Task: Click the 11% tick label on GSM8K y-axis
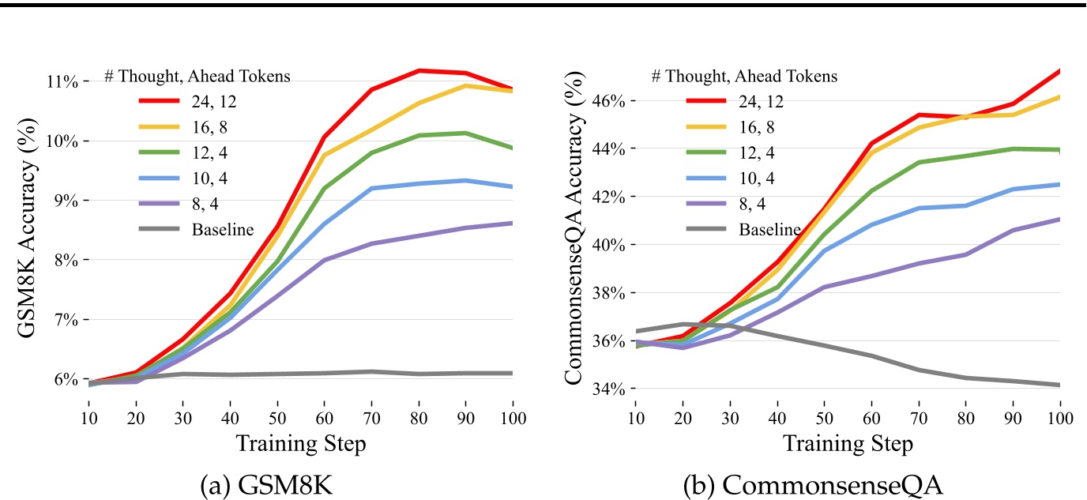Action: (x=62, y=81)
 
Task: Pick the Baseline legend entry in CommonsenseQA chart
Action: (x=769, y=230)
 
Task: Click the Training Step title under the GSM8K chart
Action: (x=301, y=444)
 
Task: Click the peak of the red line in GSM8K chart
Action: (x=419, y=70)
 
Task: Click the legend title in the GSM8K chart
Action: (x=197, y=77)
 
